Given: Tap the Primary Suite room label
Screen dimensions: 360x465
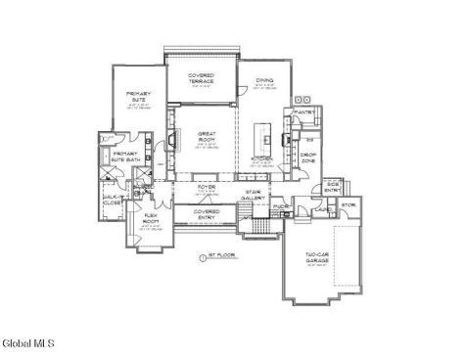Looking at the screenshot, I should (x=138, y=97).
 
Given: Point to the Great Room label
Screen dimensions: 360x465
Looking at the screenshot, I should (x=207, y=136).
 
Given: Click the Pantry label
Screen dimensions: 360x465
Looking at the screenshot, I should (x=303, y=112).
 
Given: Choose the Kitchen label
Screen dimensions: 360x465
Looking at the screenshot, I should (x=261, y=158).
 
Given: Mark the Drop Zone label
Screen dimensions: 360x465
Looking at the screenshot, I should (x=307, y=157).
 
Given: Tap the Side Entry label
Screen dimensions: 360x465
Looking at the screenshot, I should (x=332, y=187).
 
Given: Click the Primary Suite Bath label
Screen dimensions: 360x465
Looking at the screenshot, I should (x=125, y=157).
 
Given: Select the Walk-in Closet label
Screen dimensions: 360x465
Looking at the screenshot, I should (x=112, y=200).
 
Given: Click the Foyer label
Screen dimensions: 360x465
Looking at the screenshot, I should (x=207, y=186).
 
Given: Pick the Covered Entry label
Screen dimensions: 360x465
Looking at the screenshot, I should (x=206, y=214).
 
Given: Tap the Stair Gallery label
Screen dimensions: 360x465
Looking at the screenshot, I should (x=255, y=196).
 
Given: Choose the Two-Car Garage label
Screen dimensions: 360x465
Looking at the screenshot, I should (x=316, y=259).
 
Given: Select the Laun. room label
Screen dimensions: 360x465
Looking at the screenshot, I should (x=320, y=208).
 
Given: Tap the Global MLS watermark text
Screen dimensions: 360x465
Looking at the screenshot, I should (x=28, y=343).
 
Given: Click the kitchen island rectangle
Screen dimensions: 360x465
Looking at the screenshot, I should (x=261, y=133).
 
